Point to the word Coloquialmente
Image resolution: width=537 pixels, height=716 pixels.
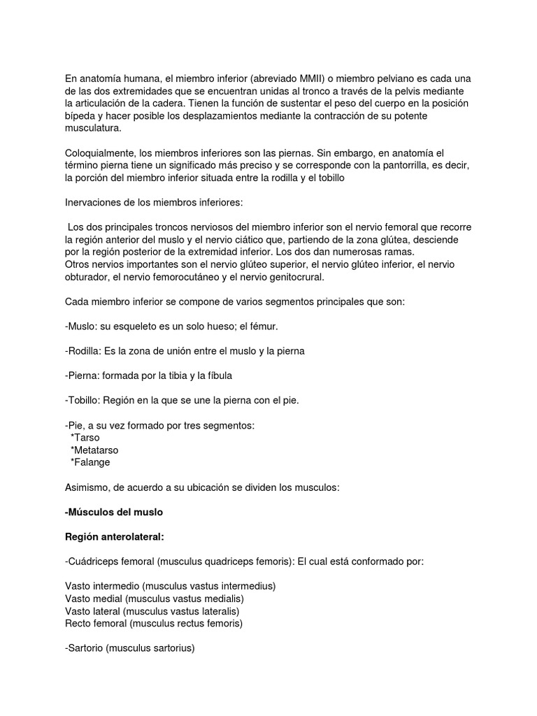coord(102,152)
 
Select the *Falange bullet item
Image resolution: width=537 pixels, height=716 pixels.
coord(90,462)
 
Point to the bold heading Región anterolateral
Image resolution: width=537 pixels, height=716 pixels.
coord(115,536)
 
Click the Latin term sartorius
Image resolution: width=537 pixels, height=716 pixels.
coord(169,647)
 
